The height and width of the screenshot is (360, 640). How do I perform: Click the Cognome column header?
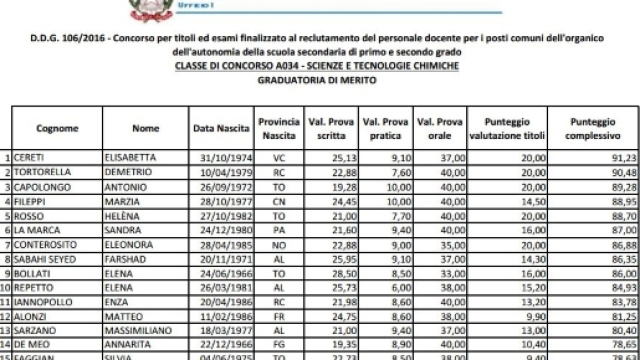click(x=51, y=129)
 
